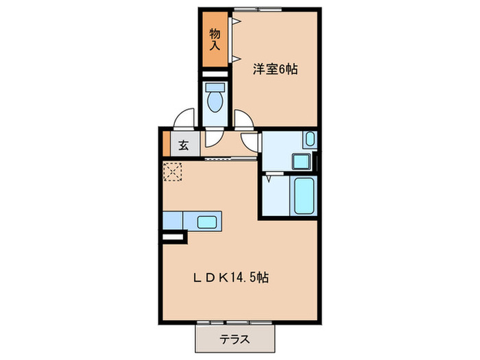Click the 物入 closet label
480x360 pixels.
pyautogui.click(x=215, y=40)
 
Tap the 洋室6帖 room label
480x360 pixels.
pyautogui.click(x=275, y=69)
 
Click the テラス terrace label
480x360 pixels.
pyautogui.click(x=235, y=339)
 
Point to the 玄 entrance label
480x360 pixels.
pyautogui.click(x=184, y=145)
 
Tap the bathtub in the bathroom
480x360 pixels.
pyautogui.click(x=303, y=195)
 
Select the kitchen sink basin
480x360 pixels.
pyautogui.click(x=208, y=221)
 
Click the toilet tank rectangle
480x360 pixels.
pyautogui.click(x=215, y=88)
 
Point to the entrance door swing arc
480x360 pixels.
pyautogui.click(x=184, y=120)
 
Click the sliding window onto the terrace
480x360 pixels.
pyautogui.click(x=236, y=321)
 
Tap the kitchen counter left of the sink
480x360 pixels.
pyautogui.click(x=173, y=220)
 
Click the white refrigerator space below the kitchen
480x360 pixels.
pyautogui.click(x=174, y=237)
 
